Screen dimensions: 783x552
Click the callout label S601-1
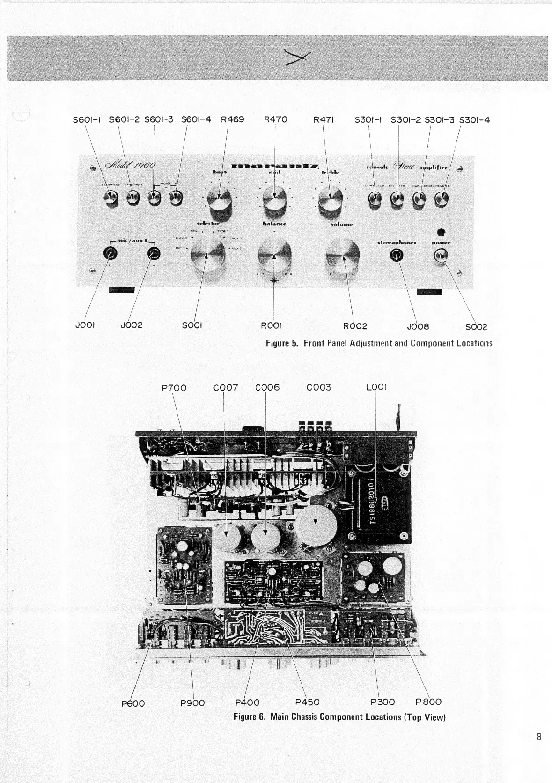tap(87, 119)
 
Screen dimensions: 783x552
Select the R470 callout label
tap(275, 119)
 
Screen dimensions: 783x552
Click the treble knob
tap(330, 200)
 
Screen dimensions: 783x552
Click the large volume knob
tap(342, 255)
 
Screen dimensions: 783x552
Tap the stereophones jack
tap(397, 255)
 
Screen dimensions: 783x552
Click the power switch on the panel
tap(441, 255)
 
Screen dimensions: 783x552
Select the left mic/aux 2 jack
tap(110, 254)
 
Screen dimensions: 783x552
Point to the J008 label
tap(419, 326)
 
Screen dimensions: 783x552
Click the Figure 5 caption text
tap(379, 343)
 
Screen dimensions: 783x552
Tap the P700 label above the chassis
tap(174, 388)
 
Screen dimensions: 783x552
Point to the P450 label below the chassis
tap(308, 702)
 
